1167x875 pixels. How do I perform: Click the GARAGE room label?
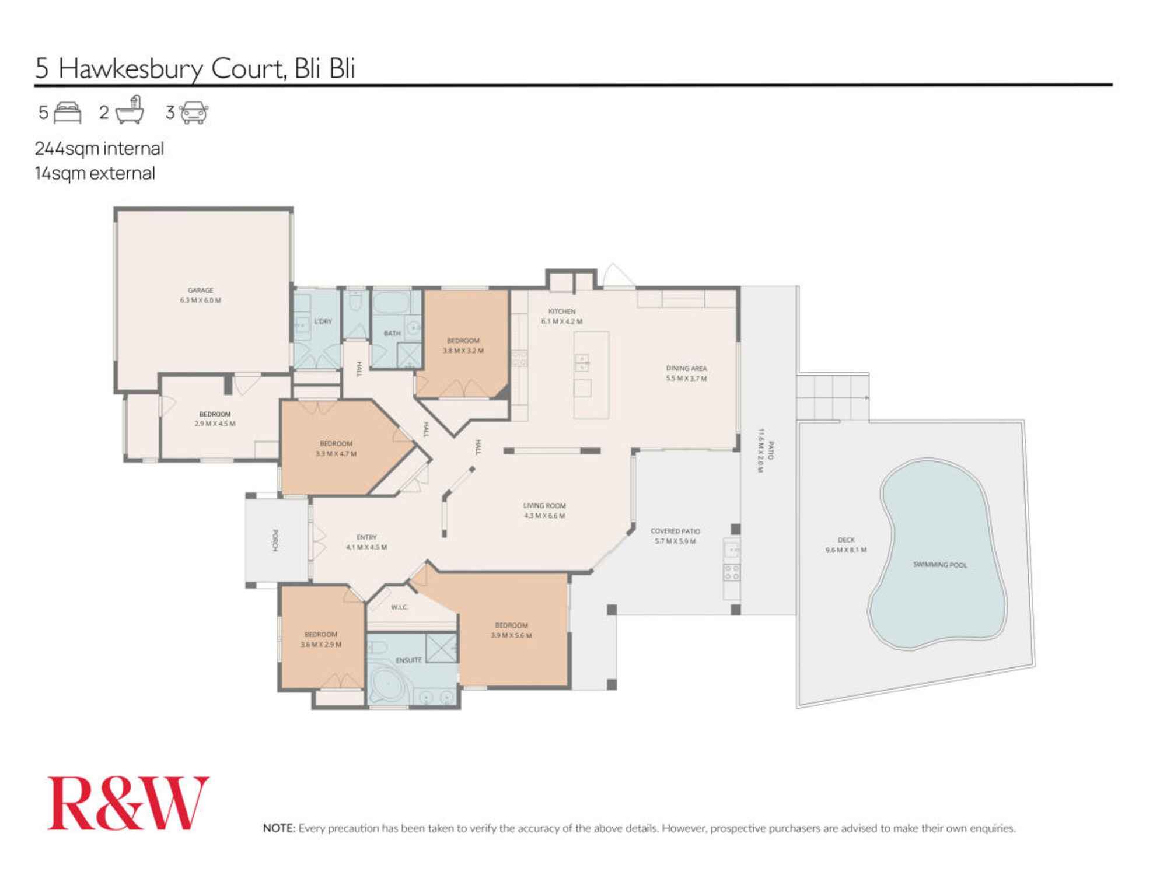click(x=200, y=295)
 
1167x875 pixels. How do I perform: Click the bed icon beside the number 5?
click(x=67, y=113)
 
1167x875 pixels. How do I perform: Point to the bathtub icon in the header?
click(x=130, y=111)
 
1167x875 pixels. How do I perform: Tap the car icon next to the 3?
click(x=194, y=113)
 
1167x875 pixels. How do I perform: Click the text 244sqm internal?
click(x=99, y=149)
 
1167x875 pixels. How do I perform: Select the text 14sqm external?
click(x=95, y=174)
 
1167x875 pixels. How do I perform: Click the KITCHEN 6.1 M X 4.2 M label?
click(x=561, y=316)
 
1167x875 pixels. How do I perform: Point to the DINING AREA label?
click(x=686, y=373)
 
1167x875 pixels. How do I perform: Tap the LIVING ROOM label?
click(x=544, y=510)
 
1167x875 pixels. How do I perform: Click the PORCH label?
click(x=275, y=540)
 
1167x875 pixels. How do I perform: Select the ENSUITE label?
click(x=408, y=660)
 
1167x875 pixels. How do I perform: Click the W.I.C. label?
click(x=399, y=607)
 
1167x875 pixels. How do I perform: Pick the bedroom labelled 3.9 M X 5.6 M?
click(x=511, y=630)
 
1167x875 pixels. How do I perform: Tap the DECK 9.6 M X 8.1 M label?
click(x=845, y=545)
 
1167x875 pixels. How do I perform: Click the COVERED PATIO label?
click(x=675, y=536)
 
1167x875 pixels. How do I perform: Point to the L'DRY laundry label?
click(x=323, y=321)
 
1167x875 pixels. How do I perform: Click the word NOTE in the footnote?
click(x=279, y=828)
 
